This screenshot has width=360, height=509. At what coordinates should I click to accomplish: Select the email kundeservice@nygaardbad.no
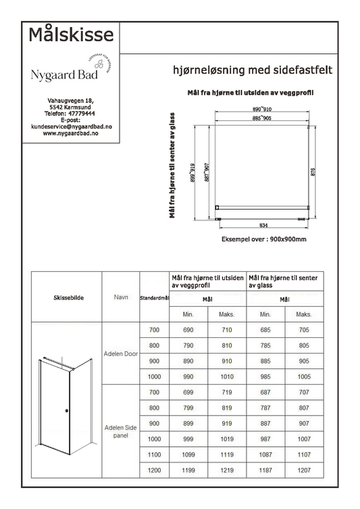71,126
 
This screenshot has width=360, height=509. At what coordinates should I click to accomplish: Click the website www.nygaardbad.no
71,133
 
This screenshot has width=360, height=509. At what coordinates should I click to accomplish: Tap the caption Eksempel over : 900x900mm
264,239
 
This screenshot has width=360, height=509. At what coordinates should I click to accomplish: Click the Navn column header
120,297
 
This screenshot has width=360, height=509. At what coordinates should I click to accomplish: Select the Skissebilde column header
68,297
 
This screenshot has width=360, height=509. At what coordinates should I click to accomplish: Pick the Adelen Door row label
120,353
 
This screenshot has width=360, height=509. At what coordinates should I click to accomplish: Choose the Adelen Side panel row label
120,431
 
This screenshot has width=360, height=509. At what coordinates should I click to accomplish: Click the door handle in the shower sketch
66,411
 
